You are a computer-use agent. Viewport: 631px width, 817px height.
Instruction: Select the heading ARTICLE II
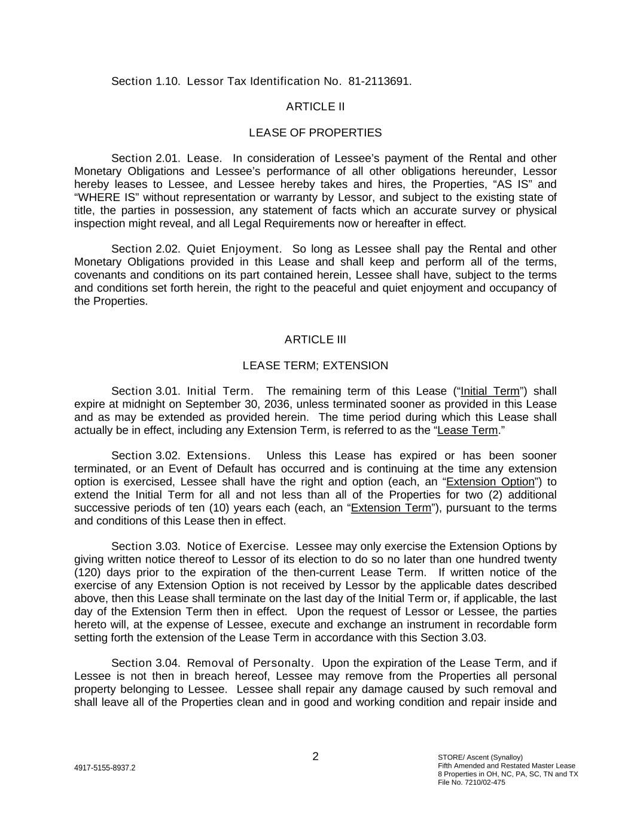pyautogui.click(x=315, y=107)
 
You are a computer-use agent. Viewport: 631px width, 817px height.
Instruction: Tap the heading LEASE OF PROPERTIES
pyautogui.click(x=315, y=133)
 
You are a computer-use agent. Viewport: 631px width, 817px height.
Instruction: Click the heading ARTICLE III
pyautogui.click(x=315, y=340)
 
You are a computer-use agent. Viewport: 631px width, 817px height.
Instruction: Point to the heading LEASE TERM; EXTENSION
pyautogui.click(x=315, y=366)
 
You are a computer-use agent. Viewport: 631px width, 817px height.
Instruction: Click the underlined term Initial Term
pyautogui.click(x=490, y=391)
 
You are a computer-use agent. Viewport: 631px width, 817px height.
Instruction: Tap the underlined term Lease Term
pyautogui.click(x=467, y=431)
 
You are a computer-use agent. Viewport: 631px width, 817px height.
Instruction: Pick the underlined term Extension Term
pyautogui.click(x=391, y=508)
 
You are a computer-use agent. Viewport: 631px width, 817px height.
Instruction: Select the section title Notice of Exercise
pyautogui.click(x=237, y=546)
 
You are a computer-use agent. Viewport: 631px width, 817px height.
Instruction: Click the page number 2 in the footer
pyautogui.click(x=315, y=757)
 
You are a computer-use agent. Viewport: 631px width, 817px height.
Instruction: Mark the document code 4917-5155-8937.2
pyautogui.click(x=105, y=768)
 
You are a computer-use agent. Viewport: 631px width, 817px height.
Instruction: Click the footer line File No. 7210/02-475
pyautogui.click(x=471, y=782)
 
